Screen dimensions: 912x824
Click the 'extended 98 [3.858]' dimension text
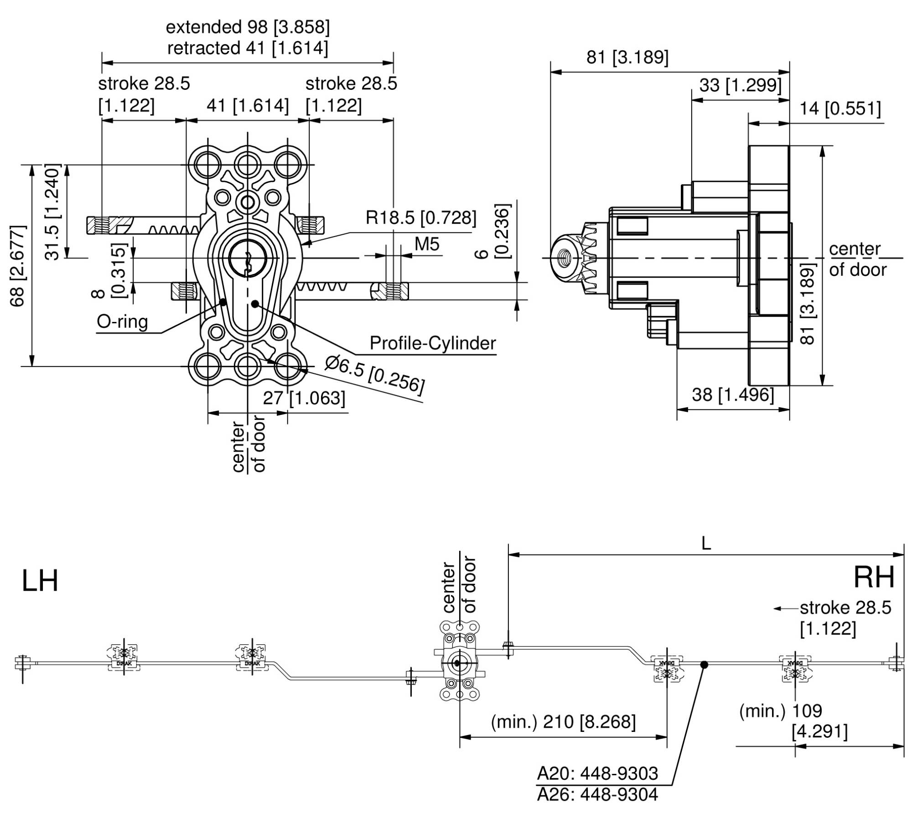coord(248,27)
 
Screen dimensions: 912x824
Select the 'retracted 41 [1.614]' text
coord(248,48)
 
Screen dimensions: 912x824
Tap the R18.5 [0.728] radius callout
coord(421,218)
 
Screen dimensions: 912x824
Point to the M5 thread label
coord(427,244)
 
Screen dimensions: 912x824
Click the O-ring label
coord(122,322)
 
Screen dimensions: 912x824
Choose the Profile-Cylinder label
coord(433,343)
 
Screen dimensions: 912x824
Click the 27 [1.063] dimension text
coord(304,398)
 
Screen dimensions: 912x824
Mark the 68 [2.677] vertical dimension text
coord(18,266)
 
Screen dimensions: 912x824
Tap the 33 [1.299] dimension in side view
coord(741,85)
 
